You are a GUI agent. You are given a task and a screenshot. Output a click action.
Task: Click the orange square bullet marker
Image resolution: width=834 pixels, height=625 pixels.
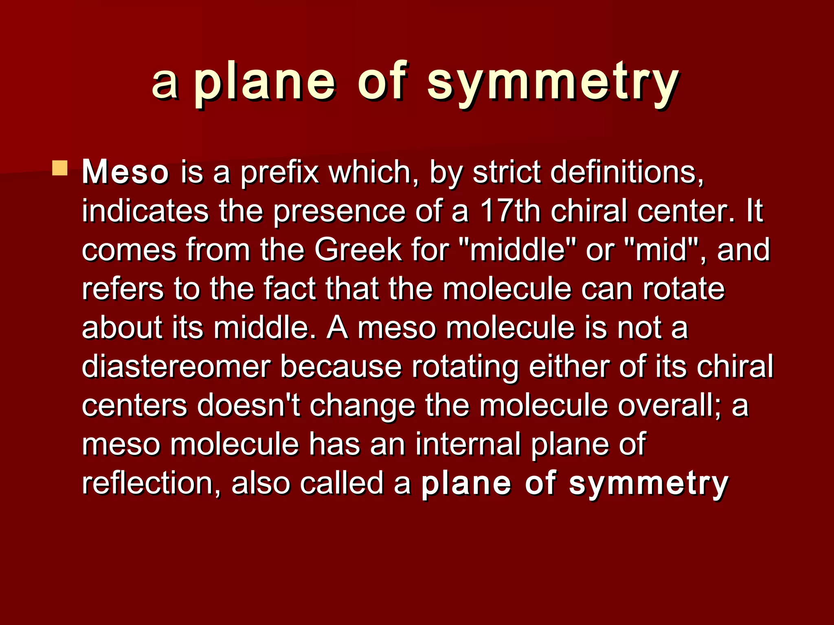tap(60, 168)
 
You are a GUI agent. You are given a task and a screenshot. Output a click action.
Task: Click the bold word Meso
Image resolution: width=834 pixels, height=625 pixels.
tap(125, 173)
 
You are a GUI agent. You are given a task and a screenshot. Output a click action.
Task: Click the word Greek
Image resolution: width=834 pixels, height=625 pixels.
tap(358, 250)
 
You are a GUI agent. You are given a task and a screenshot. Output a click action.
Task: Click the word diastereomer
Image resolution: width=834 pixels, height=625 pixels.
tap(176, 366)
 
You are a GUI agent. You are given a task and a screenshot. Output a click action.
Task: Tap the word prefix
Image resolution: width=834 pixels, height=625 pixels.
tap(279, 173)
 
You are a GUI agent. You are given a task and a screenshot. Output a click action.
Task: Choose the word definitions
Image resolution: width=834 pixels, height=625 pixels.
tap(627, 173)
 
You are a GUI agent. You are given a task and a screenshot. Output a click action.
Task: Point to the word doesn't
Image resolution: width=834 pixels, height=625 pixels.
tap(248, 405)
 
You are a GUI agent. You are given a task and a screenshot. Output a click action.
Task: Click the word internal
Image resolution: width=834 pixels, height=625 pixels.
tap(468, 444)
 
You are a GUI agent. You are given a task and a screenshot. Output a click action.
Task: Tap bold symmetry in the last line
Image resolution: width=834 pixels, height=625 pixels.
tap(648, 483)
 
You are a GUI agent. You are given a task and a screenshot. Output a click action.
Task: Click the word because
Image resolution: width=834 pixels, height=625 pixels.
tap(341, 366)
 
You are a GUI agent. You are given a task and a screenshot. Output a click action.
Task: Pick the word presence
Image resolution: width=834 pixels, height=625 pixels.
tap(339, 211)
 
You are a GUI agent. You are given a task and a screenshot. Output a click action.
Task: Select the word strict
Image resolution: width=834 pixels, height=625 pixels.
tap(506, 173)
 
